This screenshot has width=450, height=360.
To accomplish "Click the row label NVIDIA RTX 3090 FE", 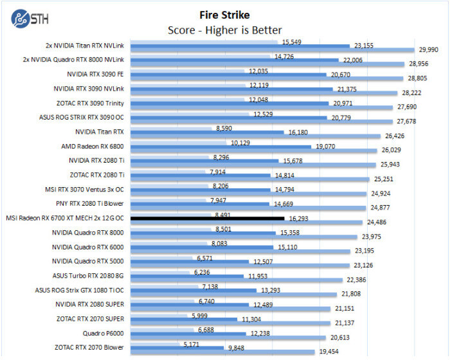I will coord(96,74).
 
